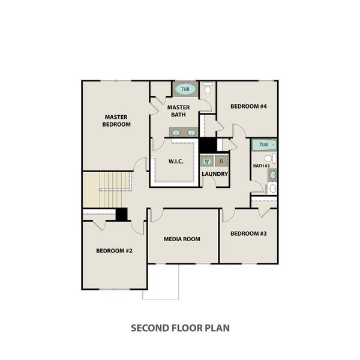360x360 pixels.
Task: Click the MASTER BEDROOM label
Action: click(x=117, y=121)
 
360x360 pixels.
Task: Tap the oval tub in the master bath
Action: click(x=185, y=89)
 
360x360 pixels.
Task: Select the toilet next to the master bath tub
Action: click(x=208, y=89)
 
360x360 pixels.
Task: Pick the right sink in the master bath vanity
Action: click(x=191, y=132)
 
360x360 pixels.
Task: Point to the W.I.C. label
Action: click(x=175, y=161)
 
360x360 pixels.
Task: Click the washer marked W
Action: click(x=207, y=161)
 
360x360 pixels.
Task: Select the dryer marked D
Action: click(x=221, y=161)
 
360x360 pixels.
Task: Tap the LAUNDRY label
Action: click(x=214, y=175)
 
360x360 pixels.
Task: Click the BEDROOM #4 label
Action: click(x=248, y=107)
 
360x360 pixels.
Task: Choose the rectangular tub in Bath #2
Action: click(x=263, y=145)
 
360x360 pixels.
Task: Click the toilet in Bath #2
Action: click(x=273, y=158)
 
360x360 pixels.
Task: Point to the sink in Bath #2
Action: click(x=272, y=175)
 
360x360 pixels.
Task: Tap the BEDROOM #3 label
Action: click(x=248, y=233)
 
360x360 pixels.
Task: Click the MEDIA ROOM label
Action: click(x=182, y=239)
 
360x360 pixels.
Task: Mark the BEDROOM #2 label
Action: click(x=114, y=251)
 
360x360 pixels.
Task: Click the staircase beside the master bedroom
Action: click(x=107, y=189)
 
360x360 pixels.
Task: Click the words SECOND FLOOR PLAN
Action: click(x=180, y=328)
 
